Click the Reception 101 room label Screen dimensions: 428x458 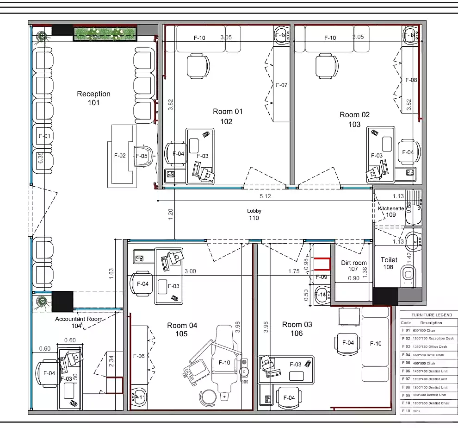coord(93,98)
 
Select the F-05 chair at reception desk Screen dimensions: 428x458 coord(143,156)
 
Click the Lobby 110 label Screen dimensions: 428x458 coord(254,214)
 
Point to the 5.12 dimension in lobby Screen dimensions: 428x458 coord(265,196)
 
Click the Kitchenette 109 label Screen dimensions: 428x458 coord(390,211)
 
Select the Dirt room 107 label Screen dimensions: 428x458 coord(353,265)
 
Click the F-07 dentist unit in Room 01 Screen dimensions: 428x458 coord(281,85)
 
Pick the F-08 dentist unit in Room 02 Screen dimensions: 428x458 coord(411,80)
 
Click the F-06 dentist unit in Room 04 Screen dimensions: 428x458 coord(139,356)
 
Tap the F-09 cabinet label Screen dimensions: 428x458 coord(321,277)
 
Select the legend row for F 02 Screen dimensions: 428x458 coord(427,339)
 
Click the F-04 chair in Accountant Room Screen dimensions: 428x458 coord(49,373)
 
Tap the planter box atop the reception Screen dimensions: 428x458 coord(105,34)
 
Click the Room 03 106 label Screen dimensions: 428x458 coord(297,328)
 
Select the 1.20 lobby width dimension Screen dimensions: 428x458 coord(170,214)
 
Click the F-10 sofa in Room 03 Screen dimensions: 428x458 coord(375,343)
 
